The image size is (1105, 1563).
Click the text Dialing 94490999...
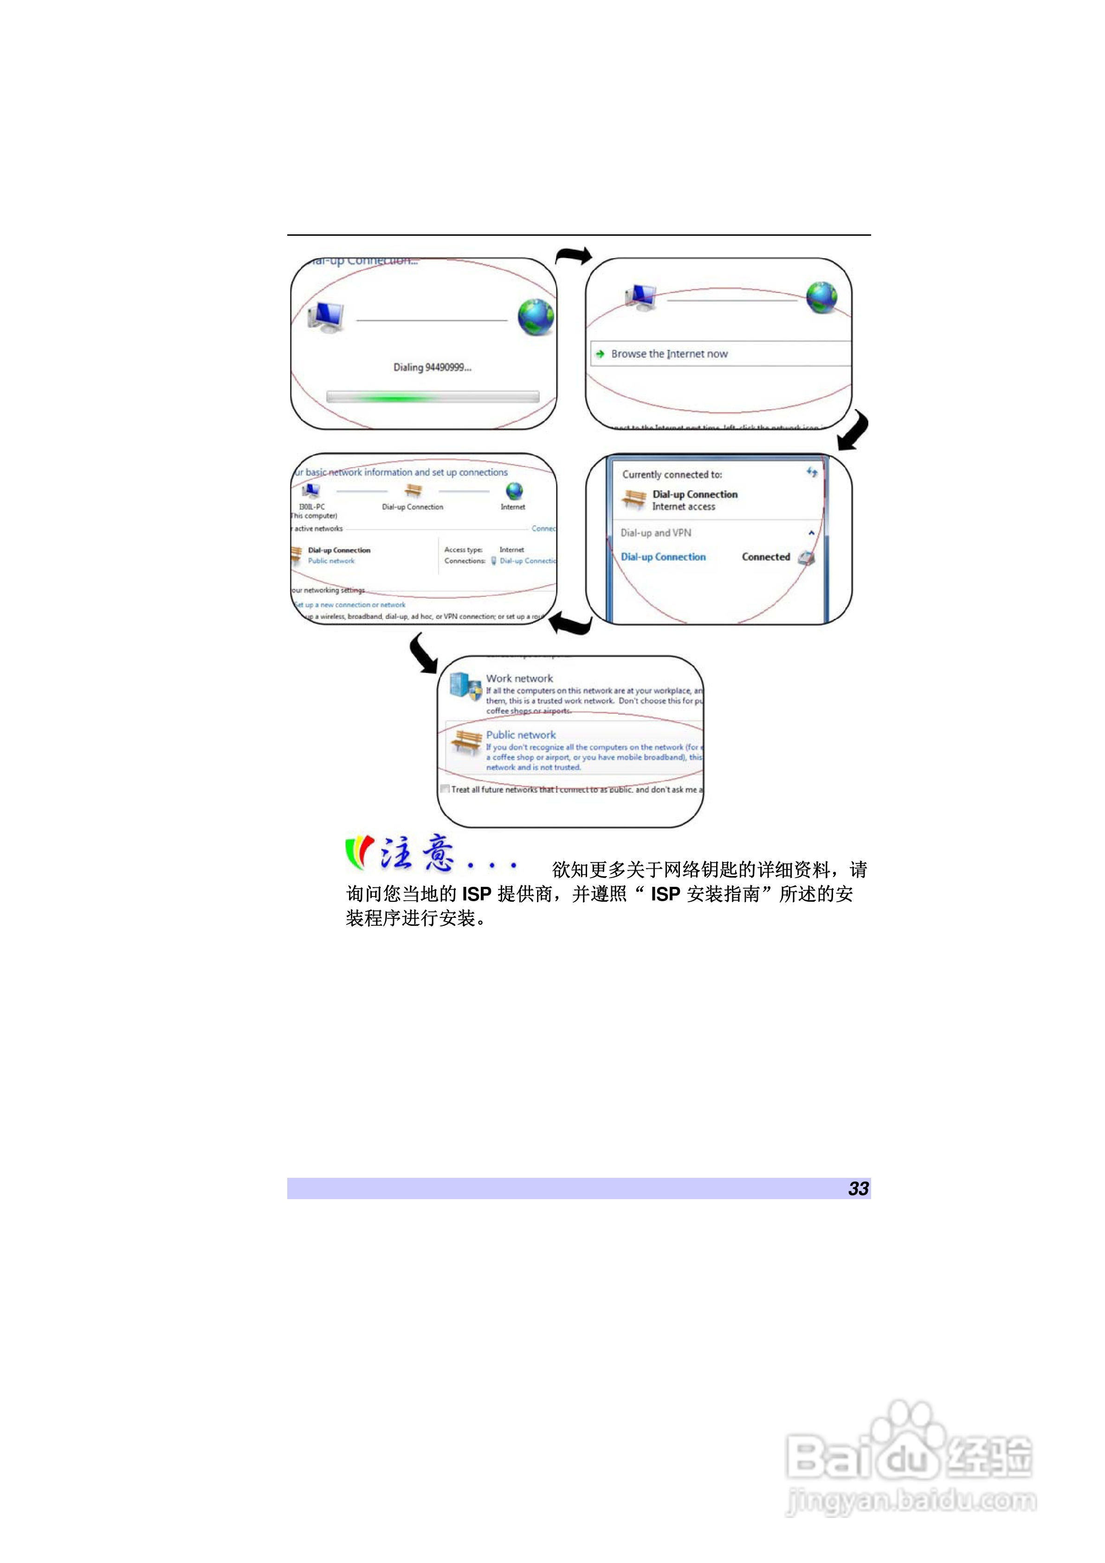tap(432, 368)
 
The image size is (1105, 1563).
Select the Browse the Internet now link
tap(669, 354)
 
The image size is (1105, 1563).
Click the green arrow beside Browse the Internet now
tap(600, 354)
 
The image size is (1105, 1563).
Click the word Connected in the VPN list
tap(765, 557)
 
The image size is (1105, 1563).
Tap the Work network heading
tap(519, 678)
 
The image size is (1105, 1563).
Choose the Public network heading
tap(520, 735)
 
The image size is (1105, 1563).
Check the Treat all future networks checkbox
tap(445, 790)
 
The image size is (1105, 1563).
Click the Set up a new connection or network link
tap(350, 605)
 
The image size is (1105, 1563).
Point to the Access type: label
tap(463, 550)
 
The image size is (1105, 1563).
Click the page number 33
tap(858, 1188)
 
